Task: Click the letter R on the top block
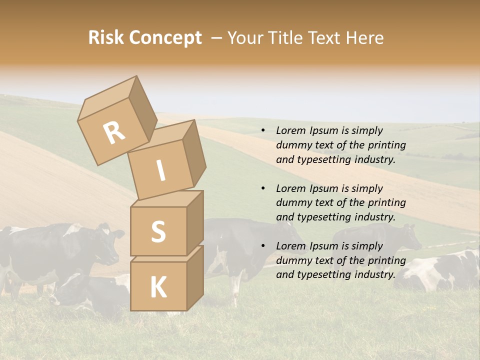[114, 132]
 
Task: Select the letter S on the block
[158, 231]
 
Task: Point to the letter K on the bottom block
[158, 287]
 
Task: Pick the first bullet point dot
[263, 131]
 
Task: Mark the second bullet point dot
[263, 189]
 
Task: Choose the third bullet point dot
[263, 246]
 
